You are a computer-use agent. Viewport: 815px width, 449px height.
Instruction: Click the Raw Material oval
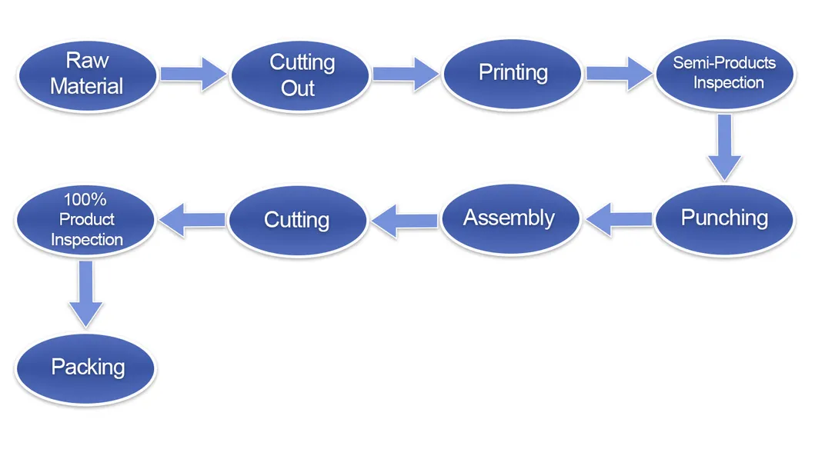pos(86,73)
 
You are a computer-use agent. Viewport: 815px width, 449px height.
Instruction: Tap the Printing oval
pos(513,73)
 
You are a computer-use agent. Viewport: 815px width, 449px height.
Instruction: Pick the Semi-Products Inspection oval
pos(724,73)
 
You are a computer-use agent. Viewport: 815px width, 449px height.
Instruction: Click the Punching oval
pos(724,218)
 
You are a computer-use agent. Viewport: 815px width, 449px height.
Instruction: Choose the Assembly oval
pos(509,218)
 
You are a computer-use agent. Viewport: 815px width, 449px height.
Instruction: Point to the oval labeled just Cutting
pos(297,220)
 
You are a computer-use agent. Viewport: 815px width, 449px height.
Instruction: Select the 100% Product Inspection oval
pos(86,220)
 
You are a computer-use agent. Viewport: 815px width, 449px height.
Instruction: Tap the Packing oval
pos(86,367)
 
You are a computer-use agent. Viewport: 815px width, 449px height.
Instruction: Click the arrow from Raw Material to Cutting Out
pos(193,74)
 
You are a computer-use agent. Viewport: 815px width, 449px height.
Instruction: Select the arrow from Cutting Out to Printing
pos(405,74)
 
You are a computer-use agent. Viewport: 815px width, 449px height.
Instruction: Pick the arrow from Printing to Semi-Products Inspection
pos(618,74)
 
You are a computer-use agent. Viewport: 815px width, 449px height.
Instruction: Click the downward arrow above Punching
pos(724,146)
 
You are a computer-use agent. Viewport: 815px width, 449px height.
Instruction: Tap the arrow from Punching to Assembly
pos(619,219)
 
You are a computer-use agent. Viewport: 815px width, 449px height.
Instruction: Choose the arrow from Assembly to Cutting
pos(405,220)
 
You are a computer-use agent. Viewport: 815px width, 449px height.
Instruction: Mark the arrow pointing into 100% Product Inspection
pos(192,220)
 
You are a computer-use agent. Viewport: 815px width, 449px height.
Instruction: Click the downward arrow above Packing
pos(86,293)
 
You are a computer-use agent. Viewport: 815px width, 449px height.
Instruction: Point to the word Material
pos(87,85)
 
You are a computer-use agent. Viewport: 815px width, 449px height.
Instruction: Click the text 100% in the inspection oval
pos(85,200)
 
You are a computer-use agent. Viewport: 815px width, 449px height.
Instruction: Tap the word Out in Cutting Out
pos(298,88)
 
